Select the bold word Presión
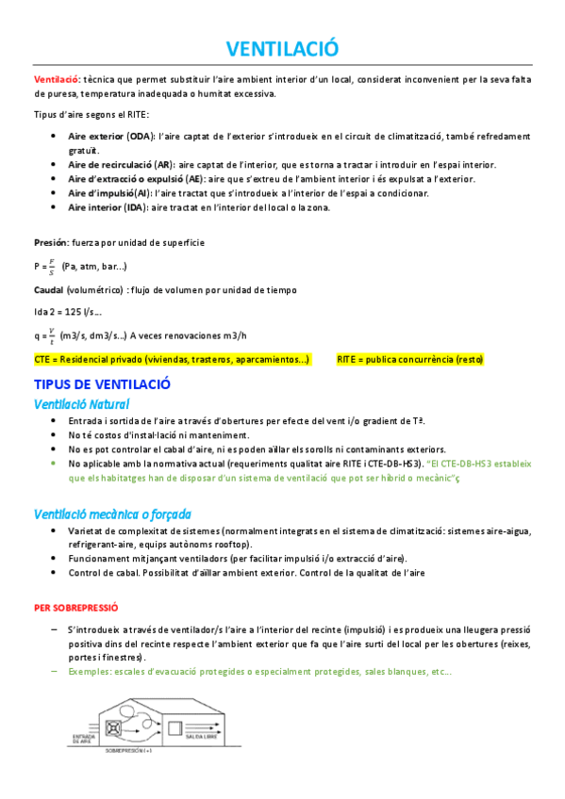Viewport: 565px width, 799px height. pos(50,242)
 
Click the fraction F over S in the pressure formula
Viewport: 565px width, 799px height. pos(52,267)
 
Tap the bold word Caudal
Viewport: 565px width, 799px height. pos(49,290)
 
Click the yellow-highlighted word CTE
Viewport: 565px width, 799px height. pos(43,359)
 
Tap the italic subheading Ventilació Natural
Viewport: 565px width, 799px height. pos(81,404)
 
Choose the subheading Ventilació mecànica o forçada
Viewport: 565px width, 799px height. pos(112,514)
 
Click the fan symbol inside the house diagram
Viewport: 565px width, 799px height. pos(117,728)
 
